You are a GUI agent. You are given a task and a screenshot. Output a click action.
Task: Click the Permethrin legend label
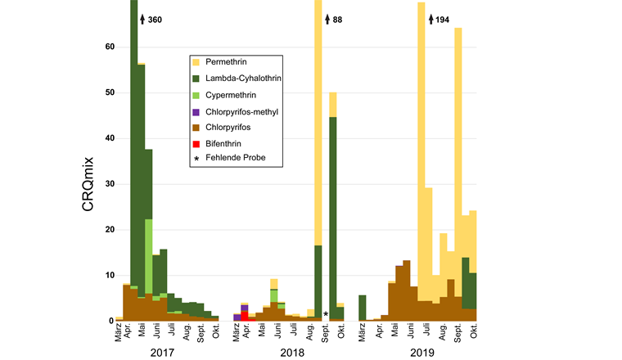point(227,62)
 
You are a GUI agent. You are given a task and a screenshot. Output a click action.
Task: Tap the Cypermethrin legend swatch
point(196,95)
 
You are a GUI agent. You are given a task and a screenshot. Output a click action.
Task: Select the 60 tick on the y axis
point(105,47)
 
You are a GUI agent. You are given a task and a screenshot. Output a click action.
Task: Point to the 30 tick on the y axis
point(105,184)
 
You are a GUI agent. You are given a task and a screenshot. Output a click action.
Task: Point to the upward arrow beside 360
point(142,19)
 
